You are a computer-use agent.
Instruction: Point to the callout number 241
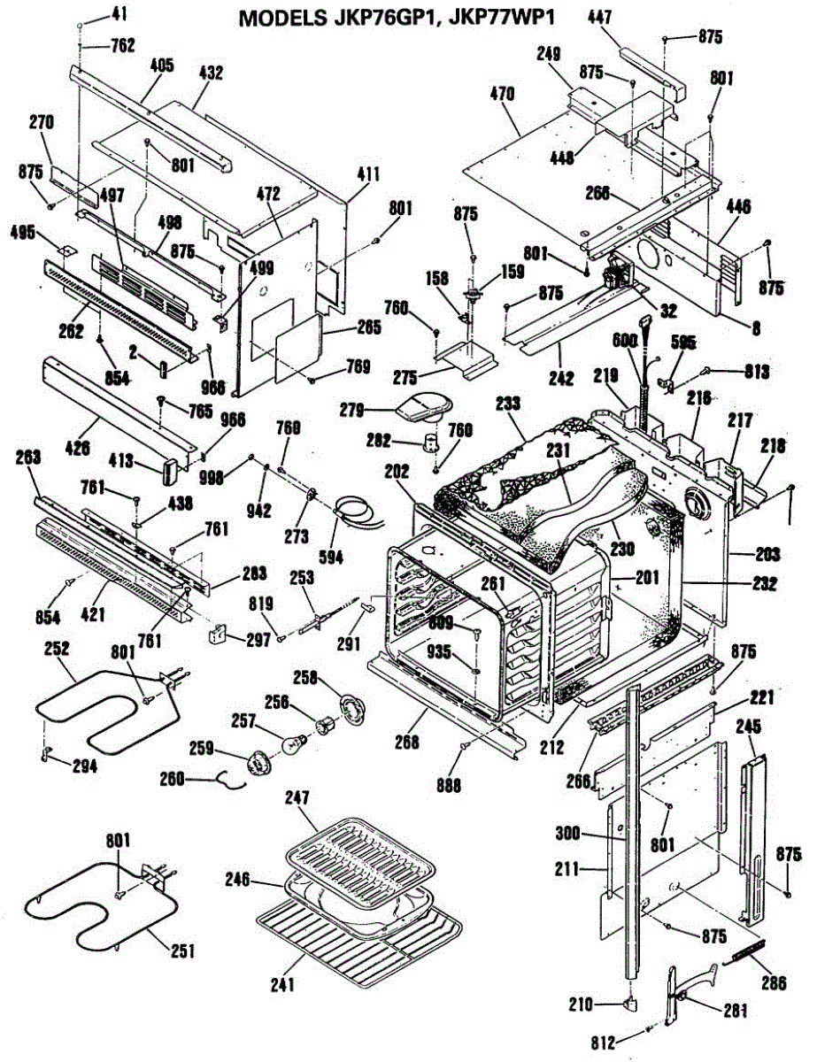tap(285, 983)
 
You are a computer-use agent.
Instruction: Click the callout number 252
tap(57, 650)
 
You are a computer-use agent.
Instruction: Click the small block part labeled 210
tap(631, 1002)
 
